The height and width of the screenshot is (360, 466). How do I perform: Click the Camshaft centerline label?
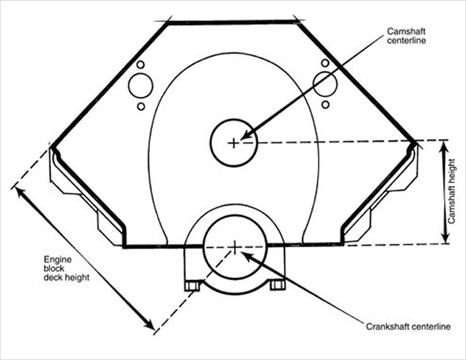pos(406,36)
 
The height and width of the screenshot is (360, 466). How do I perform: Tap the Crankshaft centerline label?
pos(408,327)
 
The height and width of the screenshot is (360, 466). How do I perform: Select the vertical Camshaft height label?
pos(451,191)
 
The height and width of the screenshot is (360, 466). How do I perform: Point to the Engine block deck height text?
pos(66,268)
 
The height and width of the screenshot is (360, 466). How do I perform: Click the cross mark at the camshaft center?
pos(234,143)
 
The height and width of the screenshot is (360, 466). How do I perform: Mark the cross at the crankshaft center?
pos(235,247)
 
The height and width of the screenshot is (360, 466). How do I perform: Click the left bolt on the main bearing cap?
pos(192,286)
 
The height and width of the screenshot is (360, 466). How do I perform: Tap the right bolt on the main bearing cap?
pos(278,285)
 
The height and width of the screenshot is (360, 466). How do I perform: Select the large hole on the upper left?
pos(141,86)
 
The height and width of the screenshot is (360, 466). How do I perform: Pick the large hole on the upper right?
pos(325,84)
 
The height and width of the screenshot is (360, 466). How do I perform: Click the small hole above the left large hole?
pos(141,65)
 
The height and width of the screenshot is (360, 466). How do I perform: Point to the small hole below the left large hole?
pos(141,106)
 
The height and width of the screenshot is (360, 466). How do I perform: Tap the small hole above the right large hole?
pos(325,63)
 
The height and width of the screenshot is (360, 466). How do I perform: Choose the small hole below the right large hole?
pos(325,105)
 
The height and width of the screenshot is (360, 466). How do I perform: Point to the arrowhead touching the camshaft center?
pos(246,134)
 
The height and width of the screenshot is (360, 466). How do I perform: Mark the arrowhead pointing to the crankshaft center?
pos(247,255)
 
